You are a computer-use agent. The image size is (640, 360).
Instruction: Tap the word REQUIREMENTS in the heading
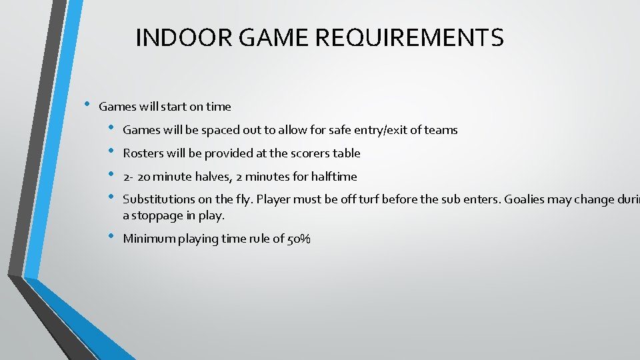point(409,38)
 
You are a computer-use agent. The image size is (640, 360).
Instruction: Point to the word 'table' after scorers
point(347,153)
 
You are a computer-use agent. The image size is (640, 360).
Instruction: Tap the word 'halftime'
point(334,177)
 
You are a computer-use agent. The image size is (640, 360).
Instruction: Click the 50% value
point(298,239)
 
